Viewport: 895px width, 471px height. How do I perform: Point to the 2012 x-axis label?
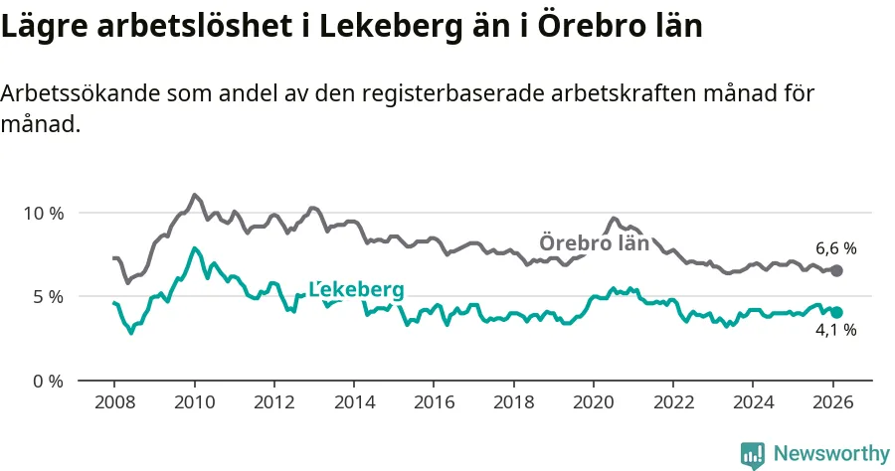click(273, 403)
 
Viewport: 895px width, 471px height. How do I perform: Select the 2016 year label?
click(434, 403)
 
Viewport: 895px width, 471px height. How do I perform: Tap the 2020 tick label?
click(593, 403)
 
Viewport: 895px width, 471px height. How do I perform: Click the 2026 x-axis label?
click(832, 403)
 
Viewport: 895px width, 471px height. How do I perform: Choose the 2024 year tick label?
click(753, 403)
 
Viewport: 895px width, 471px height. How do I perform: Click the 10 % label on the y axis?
click(45, 213)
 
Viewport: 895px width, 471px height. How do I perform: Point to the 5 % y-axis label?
click(49, 296)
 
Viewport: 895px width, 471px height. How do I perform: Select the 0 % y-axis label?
click(49, 381)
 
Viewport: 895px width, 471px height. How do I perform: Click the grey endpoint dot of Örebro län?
click(836, 270)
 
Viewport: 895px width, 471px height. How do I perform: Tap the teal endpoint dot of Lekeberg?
click(836, 312)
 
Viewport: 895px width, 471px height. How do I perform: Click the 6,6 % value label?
click(835, 248)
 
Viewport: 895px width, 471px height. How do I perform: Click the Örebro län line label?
click(594, 242)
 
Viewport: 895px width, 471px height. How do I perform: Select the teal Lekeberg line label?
click(357, 289)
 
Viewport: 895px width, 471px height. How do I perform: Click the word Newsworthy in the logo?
click(831, 453)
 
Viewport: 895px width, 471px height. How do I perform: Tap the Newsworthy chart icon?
click(753, 454)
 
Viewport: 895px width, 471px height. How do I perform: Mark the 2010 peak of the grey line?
click(194, 195)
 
